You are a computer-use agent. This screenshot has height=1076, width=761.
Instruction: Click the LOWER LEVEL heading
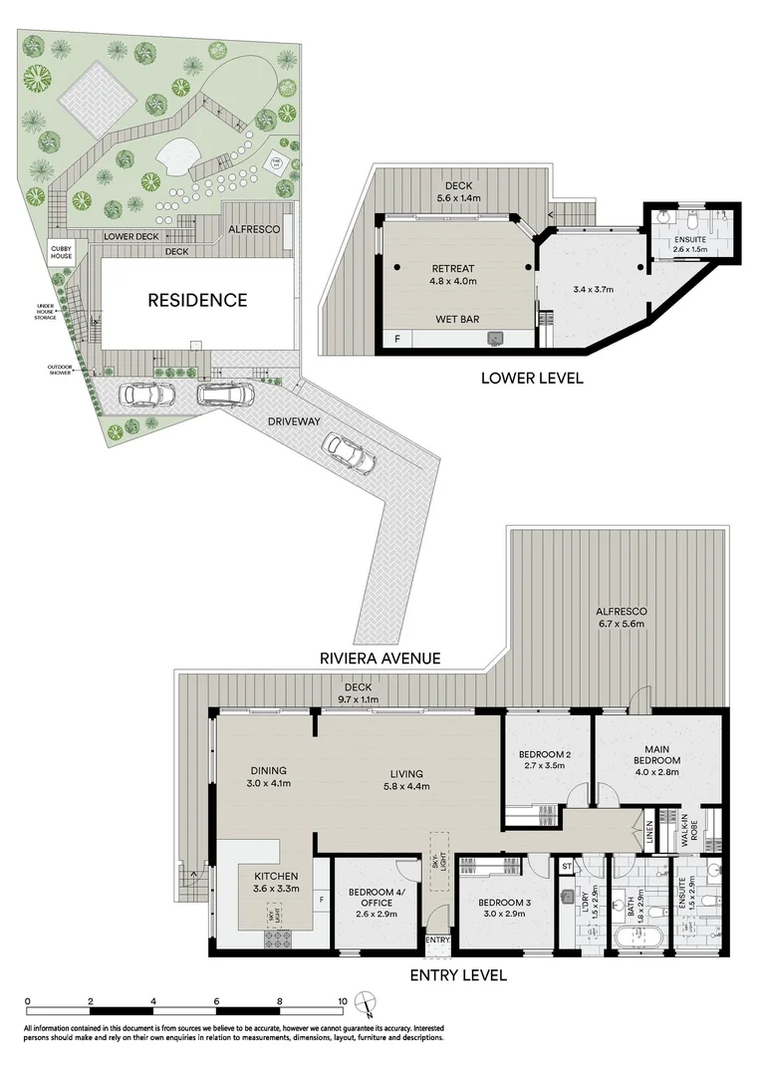point(532,378)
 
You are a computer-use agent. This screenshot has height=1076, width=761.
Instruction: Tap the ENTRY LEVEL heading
point(458,974)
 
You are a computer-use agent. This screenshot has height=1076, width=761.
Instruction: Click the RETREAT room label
point(452,269)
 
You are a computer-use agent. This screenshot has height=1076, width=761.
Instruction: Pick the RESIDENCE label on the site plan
point(197,299)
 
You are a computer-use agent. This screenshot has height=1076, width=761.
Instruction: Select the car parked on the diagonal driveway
point(349,456)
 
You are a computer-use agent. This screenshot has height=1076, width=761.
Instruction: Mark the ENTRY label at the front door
point(438,940)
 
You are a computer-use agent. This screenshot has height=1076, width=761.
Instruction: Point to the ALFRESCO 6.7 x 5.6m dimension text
point(622,625)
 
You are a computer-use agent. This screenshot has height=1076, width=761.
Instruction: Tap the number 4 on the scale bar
point(153,1000)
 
